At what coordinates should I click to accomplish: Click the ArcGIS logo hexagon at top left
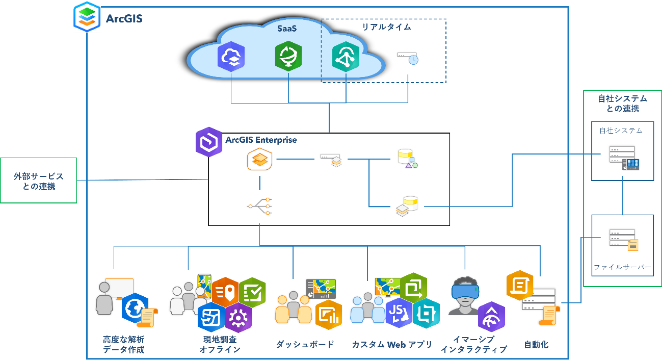tap(87, 17)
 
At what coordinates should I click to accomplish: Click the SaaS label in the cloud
tap(287, 29)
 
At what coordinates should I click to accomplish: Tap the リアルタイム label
tap(387, 27)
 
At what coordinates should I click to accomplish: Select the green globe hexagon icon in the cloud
tap(288, 56)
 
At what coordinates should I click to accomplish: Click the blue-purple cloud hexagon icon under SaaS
tap(231, 57)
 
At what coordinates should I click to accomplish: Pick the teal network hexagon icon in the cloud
tap(346, 57)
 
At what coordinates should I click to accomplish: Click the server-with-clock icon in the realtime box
tap(408, 58)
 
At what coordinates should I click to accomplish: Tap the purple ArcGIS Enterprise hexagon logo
tap(209, 142)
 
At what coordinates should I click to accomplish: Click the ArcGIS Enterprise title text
tap(261, 140)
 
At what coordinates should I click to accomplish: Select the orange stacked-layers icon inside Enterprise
tap(259, 160)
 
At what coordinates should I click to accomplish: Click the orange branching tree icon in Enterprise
tap(259, 206)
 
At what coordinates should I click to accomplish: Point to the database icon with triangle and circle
tap(408, 159)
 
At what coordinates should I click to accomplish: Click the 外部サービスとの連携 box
tap(38, 181)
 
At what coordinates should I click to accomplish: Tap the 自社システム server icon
tap(624, 158)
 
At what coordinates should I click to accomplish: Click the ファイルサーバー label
tap(622, 267)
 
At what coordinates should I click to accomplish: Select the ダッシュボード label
tap(305, 344)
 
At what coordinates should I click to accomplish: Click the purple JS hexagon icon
tap(399, 313)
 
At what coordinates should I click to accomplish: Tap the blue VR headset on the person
tap(465, 290)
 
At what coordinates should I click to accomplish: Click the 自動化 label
tap(536, 344)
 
